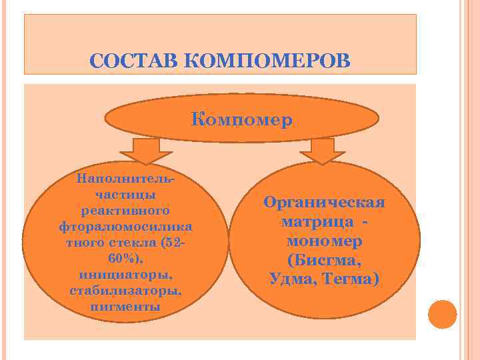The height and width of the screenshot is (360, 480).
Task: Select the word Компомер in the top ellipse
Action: pyautogui.click(x=242, y=121)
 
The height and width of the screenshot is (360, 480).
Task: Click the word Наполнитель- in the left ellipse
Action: pyautogui.click(x=127, y=179)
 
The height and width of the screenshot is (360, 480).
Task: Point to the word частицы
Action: pyautogui.click(x=127, y=195)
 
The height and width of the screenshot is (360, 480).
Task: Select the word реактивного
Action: pyautogui.click(x=127, y=211)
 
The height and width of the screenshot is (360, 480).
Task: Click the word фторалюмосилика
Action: pyautogui.click(x=127, y=227)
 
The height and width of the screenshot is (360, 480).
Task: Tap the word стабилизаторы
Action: pyautogui.click(x=127, y=291)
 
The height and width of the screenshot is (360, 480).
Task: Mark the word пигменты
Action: pyautogui.click(x=127, y=307)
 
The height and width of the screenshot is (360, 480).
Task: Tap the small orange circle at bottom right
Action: pyautogui.click(x=442, y=313)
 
